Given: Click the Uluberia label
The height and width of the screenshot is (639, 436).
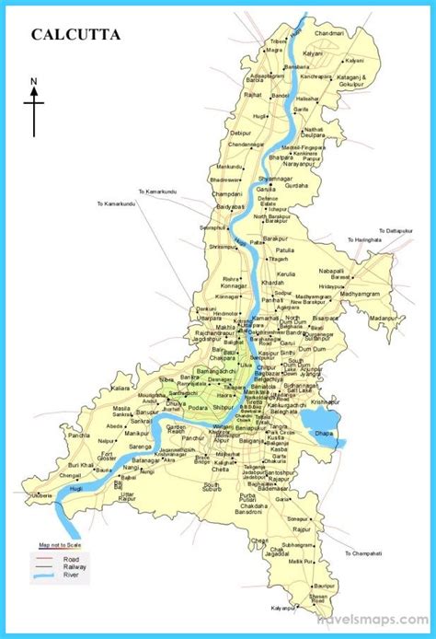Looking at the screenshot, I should [x=41, y=494].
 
